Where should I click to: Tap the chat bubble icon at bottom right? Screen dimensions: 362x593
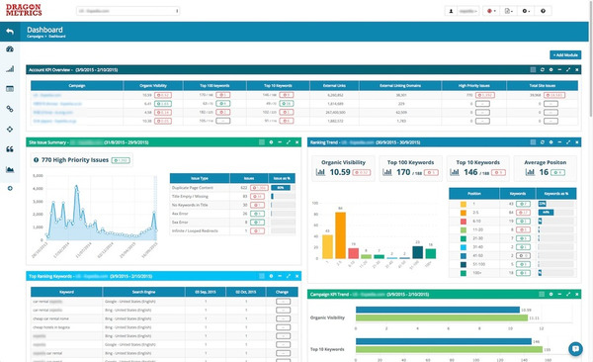click(574, 347)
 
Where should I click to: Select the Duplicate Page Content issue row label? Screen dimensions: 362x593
click(198, 187)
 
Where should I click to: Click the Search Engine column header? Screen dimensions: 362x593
click(158, 293)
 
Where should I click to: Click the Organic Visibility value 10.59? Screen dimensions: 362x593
click(341, 171)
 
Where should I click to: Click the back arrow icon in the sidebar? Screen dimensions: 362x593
click(10, 30)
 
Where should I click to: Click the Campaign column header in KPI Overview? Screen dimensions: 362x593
click(76, 86)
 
